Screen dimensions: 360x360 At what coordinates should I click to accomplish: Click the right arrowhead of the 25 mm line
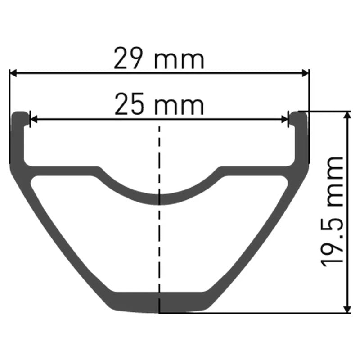click(284, 119)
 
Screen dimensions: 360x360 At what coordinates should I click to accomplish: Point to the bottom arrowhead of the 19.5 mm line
click(347, 308)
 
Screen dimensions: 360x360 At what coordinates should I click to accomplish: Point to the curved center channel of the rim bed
click(159, 198)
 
